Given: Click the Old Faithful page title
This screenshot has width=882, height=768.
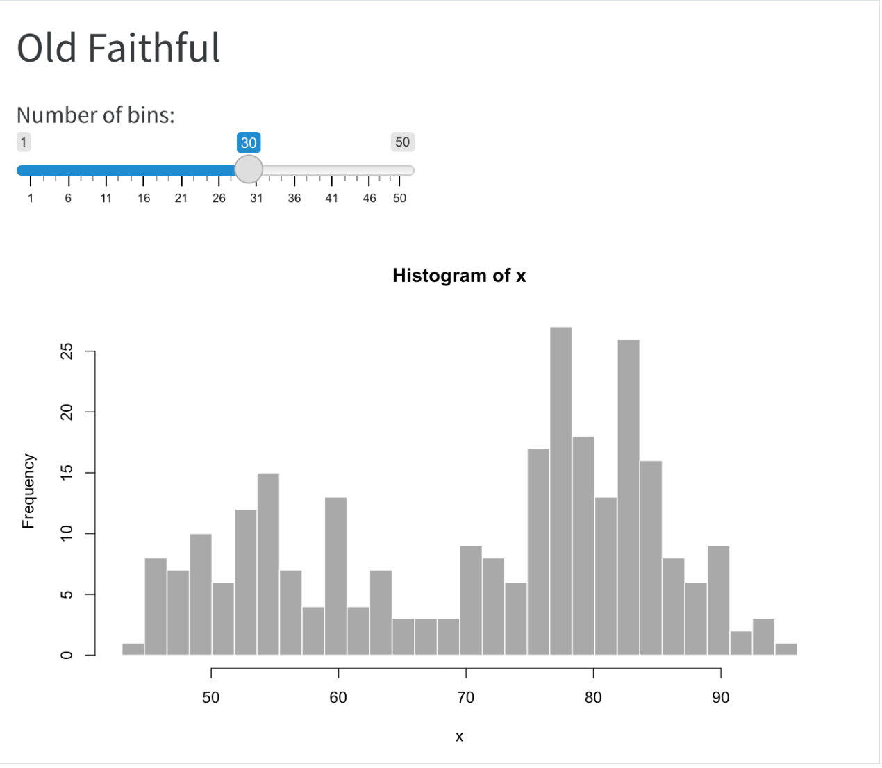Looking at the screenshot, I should (118, 49).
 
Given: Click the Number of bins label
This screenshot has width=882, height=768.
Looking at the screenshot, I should (96, 115).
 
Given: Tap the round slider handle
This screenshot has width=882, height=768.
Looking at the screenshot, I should (249, 169).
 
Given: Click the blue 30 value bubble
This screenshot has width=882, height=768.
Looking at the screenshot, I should (249, 143).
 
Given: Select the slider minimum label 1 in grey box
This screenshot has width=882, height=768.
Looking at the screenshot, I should (24, 142).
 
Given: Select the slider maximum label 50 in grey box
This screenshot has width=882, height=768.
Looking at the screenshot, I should (402, 142).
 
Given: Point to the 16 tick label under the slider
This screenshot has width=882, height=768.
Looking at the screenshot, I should (144, 199).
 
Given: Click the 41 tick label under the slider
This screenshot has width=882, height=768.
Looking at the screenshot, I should (331, 199).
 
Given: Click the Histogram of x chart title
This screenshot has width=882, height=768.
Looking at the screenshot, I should (459, 276).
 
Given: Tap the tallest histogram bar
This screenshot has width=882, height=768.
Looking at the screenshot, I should (560, 486).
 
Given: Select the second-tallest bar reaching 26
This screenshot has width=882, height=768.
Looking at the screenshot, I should (629, 493).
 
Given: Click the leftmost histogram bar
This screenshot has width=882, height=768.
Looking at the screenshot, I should (133, 649).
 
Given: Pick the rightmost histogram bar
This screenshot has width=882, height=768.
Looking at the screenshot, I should (785, 649).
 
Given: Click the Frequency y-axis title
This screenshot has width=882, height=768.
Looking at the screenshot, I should (28, 491).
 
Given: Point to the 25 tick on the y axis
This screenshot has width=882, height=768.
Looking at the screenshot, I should (67, 352).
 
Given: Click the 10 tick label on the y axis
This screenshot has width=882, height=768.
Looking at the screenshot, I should (67, 533).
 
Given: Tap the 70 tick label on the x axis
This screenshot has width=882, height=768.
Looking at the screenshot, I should (465, 698).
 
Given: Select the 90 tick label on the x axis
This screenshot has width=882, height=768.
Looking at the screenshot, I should (720, 698).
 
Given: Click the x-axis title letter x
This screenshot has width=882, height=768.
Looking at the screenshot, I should (459, 737).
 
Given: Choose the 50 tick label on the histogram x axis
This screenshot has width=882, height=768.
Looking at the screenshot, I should (210, 698).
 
